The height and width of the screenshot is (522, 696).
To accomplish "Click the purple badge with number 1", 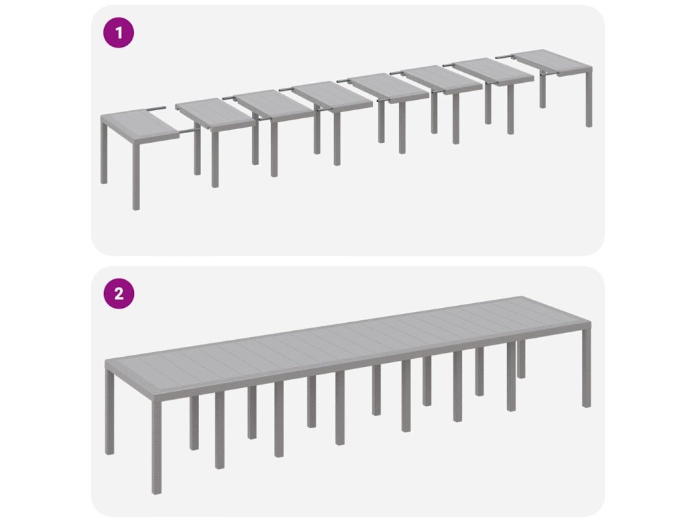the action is click(118, 33).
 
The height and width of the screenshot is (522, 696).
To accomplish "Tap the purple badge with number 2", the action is click(118, 294).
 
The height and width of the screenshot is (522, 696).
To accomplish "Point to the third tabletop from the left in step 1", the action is click(275, 105).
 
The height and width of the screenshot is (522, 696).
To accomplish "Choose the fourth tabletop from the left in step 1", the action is click(332, 95).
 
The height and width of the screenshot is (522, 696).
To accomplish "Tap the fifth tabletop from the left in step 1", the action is click(387, 88).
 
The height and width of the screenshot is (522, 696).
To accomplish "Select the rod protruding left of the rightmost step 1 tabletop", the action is click(505, 56).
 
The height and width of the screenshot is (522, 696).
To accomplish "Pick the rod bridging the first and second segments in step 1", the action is click(189, 131).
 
